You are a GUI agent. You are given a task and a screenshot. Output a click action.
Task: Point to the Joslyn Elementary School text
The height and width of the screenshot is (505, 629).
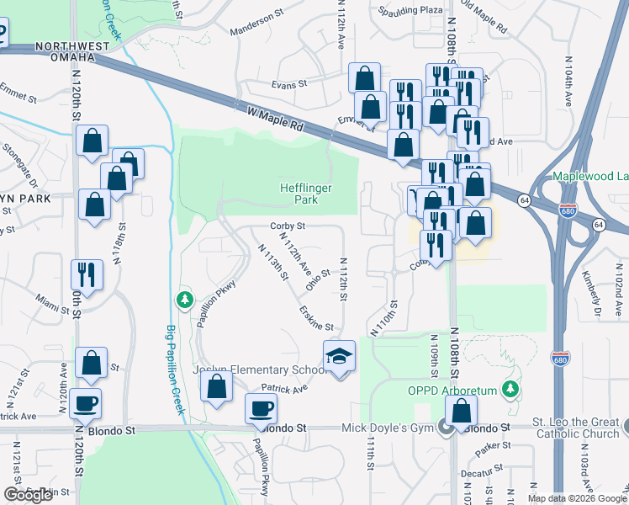(x=259, y=370)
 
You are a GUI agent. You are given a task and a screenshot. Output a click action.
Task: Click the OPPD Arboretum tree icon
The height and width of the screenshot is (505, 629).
(x=509, y=389)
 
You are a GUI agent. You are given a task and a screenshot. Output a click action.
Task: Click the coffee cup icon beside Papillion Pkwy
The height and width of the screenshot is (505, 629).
(x=261, y=409)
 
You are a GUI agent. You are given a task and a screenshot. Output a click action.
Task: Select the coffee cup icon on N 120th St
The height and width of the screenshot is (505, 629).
(x=86, y=404)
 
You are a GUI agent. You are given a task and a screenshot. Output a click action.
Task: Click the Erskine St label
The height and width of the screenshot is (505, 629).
(x=316, y=319)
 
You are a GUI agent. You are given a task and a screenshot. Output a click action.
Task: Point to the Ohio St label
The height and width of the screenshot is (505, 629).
(x=317, y=279)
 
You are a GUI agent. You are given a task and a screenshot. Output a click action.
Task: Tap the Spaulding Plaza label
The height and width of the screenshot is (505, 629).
(x=410, y=10)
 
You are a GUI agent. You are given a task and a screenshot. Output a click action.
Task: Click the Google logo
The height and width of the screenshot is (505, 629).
(x=28, y=495)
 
